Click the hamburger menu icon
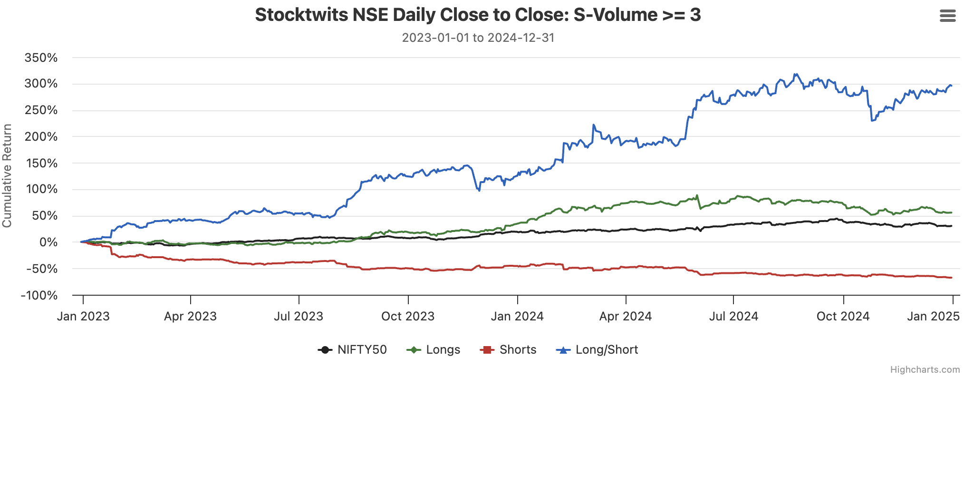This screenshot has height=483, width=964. click(x=947, y=16)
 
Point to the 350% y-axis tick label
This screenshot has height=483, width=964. click(x=41, y=58)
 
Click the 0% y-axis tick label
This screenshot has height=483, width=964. click(x=48, y=242)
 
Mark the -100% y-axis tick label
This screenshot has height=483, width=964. click(x=39, y=296)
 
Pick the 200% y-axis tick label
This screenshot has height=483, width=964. click(x=41, y=137)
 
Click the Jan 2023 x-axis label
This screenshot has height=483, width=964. click(x=83, y=317)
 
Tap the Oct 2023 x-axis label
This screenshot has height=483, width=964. click(x=408, y=317)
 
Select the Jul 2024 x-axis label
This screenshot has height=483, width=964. click(x=733, y=317)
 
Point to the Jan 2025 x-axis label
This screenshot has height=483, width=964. click(x=933, y=317)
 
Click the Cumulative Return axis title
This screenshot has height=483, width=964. click(x=7, y=176)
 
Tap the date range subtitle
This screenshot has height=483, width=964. click(x=478, y=38)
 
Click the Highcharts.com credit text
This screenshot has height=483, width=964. click(x=925, y=370)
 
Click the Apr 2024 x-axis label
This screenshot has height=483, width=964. click(x=625, y=317)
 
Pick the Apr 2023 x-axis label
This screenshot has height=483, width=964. click(x=190, y=317)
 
